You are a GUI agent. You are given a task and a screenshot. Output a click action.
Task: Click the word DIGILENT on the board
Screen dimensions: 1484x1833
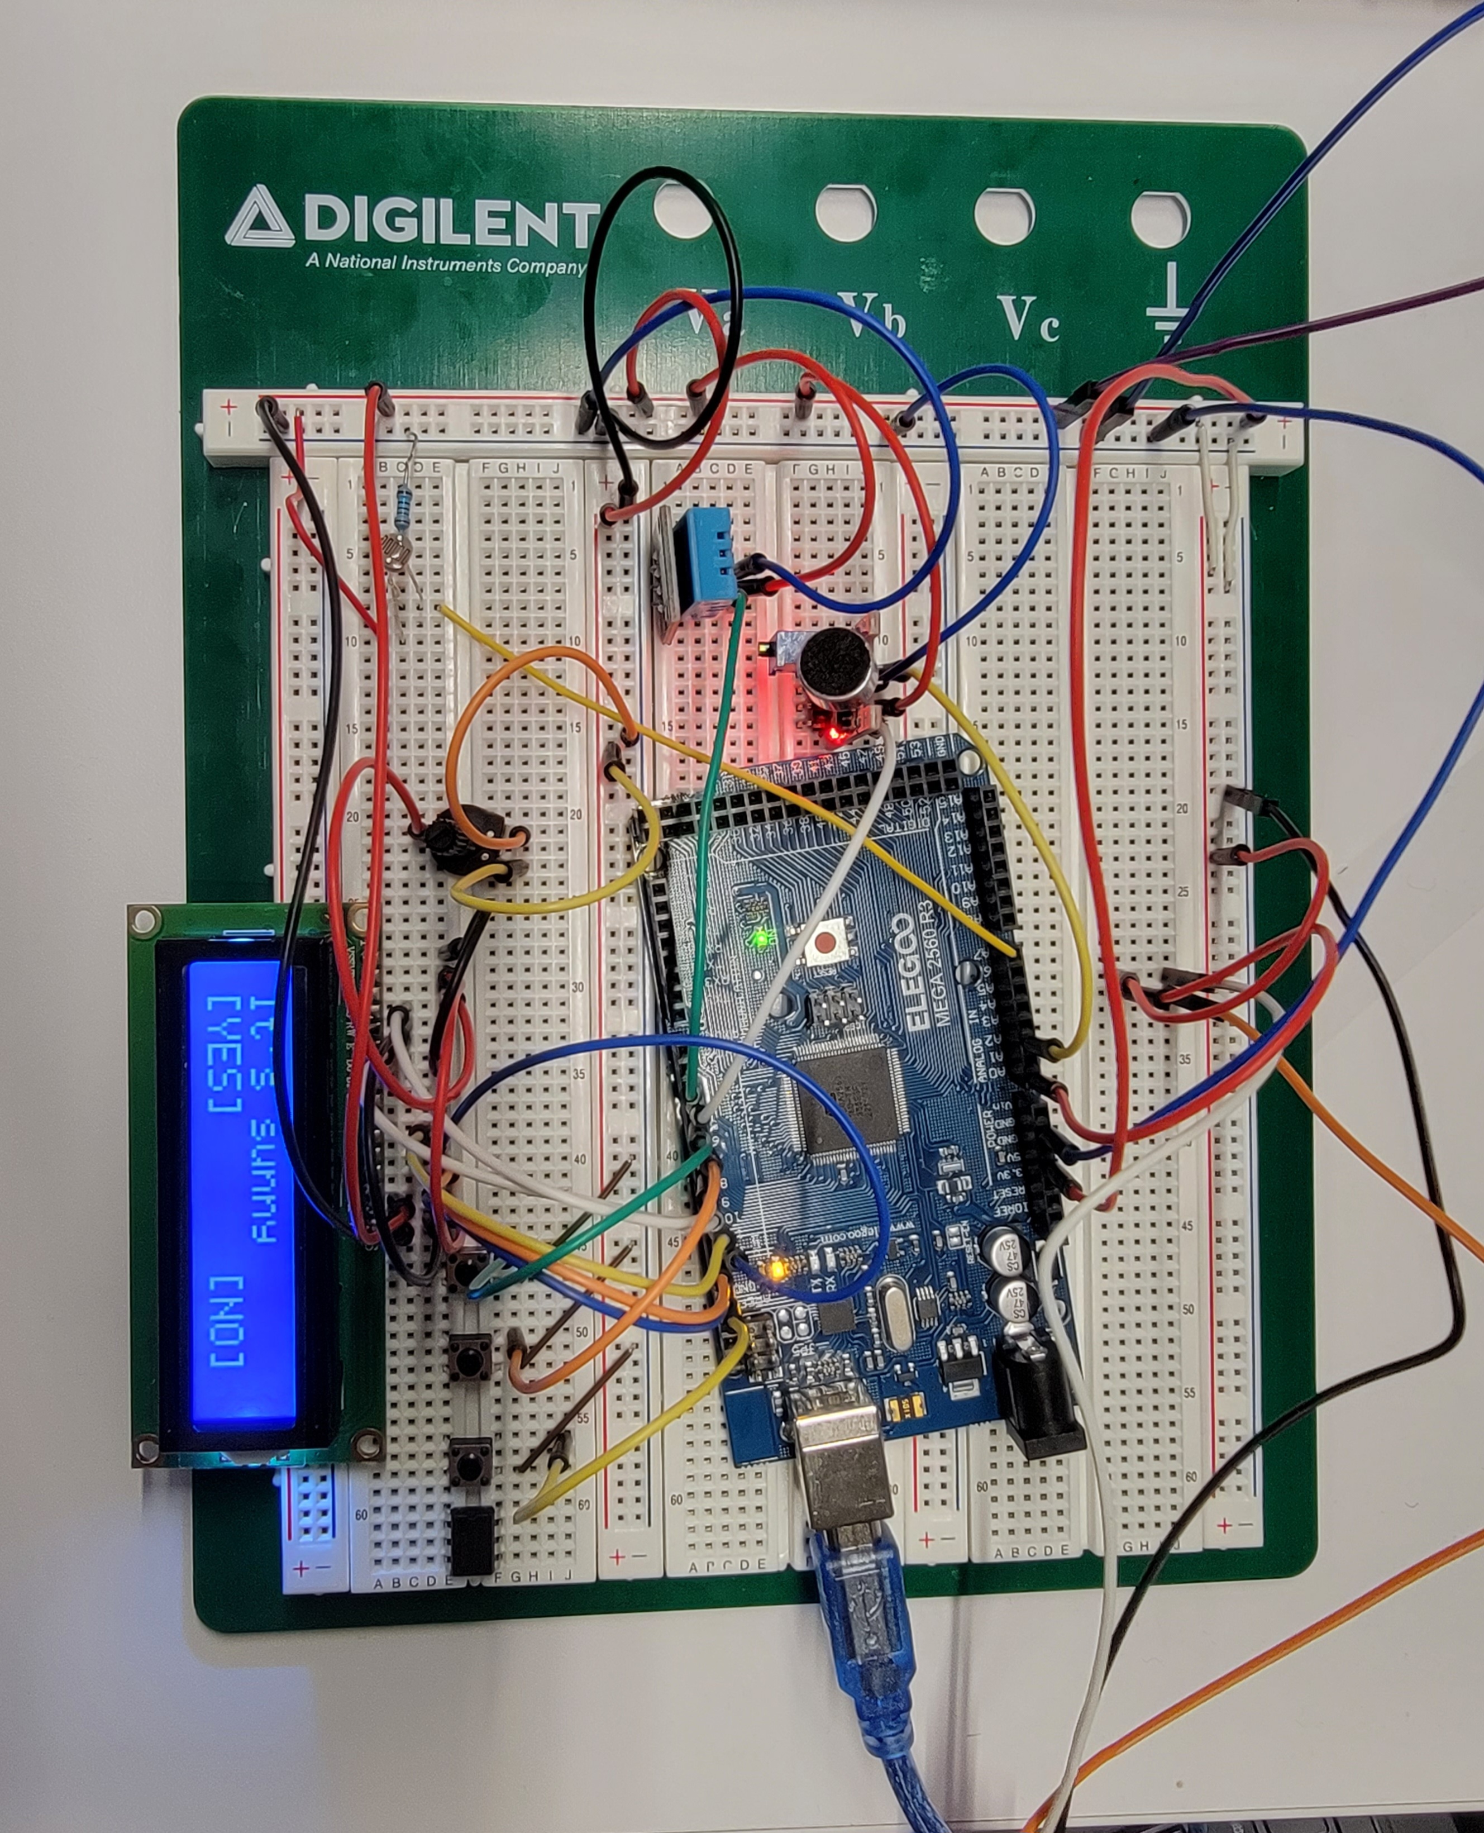tap(449, 224)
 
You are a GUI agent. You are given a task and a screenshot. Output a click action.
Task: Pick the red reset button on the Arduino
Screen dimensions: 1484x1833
tap(825, 943)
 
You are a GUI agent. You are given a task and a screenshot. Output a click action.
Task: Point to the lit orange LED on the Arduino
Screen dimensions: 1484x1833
tap(777, 1269)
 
